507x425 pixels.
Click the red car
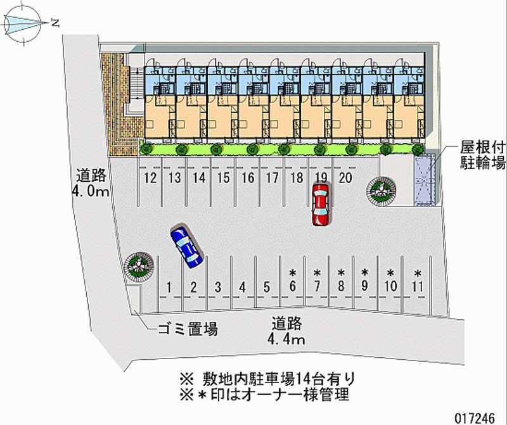[x=321, y=204]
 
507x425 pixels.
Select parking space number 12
[x=150, y=178]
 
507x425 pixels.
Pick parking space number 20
[x=345, y=178]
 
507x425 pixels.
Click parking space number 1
[x=169, y=286]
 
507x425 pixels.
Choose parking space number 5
[x=267, y=286]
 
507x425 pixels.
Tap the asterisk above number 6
[x=292, y=273]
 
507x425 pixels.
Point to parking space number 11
[x=417, y=287]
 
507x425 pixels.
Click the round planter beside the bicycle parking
[x=382, y=189]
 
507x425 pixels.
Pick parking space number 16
[x=248, y=178]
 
